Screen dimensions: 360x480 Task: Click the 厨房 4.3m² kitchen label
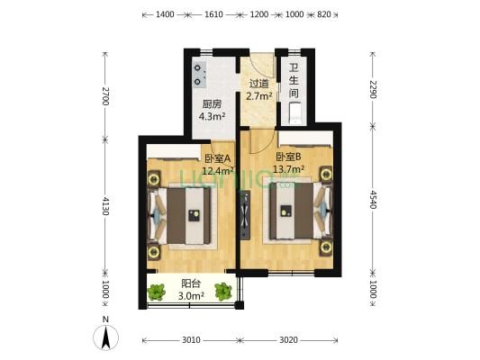pyautogui.click(x=213, y=109)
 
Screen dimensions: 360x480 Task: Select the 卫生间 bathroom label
pyautogui.click(x=294, y=80)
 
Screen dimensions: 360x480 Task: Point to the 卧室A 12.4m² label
pyautogui.click(x=218, y=165)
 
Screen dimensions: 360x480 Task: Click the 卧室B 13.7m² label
pyautogui.click(x=289, y=163)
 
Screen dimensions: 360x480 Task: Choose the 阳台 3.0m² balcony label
pyautogui.click(x=191, y=289)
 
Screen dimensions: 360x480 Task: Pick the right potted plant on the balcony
pyautogui.click(x=224, y=291)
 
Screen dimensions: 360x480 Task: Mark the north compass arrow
pyautogui.click(x=106, y=338)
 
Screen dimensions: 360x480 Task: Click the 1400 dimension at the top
pyautogui.click(x=165, y=15)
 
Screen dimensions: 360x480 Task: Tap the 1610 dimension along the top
pyautogui.click(x=213, y=15)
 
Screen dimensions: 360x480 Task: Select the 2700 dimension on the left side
pyautogui.click(x=105, y=95)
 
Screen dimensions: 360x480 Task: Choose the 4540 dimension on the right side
pyautogui.click(x=373, y=200)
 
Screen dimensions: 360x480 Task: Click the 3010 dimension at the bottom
pyautogui.click(x=191, y=340)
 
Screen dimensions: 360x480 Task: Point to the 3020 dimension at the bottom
pyautogui.click(x=288, y=340)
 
